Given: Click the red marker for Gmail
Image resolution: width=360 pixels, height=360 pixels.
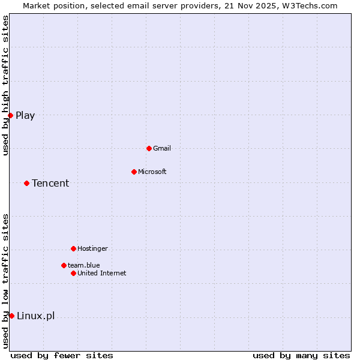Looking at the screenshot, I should point(149,148).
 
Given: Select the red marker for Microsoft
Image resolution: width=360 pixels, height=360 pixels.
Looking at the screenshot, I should point(134,172).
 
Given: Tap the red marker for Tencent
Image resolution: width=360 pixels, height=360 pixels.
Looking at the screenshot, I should point(27,183).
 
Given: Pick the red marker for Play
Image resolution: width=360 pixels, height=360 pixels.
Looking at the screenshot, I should point(11,115).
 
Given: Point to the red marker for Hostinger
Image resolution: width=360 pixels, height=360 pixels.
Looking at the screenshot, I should point(73,248).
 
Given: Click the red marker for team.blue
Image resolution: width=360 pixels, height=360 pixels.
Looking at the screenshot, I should point(64,265).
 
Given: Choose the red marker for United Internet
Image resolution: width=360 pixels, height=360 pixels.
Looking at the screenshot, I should point(73,273).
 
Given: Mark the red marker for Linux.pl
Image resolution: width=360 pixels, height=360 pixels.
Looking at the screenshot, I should point(11,316).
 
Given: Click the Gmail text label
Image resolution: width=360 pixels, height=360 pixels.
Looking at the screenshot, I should point(162,148).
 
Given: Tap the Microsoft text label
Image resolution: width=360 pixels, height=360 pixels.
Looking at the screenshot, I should point(152,172).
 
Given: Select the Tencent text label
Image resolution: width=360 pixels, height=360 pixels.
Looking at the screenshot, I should point(50,183).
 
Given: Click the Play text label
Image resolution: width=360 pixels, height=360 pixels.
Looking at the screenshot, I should point(25,116).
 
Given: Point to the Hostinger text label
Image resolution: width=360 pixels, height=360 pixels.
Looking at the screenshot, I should point(92,248).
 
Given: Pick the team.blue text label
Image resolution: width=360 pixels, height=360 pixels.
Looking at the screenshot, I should point(84,265).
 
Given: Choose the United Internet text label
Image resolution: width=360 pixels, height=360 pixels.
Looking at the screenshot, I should point(102,273).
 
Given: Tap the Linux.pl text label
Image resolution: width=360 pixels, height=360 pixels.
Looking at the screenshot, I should point(35,316).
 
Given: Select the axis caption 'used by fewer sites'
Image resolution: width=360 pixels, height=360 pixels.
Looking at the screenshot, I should point(62,355).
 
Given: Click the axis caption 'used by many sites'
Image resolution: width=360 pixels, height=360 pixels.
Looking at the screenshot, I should point(301,355).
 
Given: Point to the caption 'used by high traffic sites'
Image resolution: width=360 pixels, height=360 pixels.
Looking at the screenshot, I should point(5,85).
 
